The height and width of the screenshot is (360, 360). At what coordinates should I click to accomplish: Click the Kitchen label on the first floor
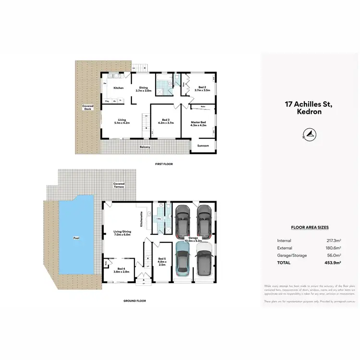pos(119,88)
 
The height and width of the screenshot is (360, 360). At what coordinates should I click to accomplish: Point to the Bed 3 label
pos(166,120)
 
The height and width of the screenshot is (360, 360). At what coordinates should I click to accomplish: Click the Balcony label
pos(144,147)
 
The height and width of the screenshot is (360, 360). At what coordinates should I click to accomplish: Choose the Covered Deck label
pos(88,107)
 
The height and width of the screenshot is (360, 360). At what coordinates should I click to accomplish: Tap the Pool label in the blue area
pos(76,237)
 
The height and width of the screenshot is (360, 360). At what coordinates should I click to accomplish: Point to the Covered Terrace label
pos(119,185)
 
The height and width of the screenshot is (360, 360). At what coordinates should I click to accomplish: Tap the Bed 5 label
pos(162,262)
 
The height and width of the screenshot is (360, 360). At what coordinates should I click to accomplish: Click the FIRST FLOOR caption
pos(164,164)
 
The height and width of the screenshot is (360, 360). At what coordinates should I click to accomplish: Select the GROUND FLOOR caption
pos(134,301)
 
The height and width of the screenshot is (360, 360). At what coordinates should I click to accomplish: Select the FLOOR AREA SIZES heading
pos(310,228)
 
